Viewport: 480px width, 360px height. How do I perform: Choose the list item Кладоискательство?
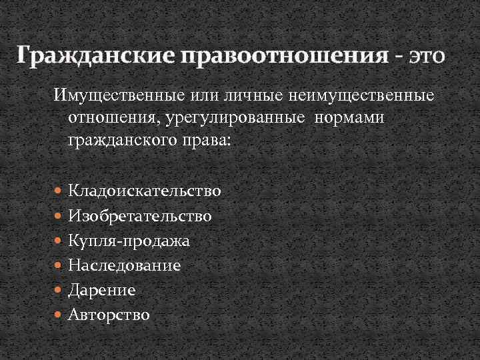point(145,191)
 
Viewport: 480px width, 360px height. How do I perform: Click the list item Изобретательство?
point(140,216)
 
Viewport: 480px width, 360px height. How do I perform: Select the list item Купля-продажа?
point(129,241)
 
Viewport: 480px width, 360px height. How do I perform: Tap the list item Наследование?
point(125,265)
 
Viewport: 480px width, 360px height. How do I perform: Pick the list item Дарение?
point(101,290)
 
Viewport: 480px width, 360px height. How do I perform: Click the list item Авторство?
point(109,315)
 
